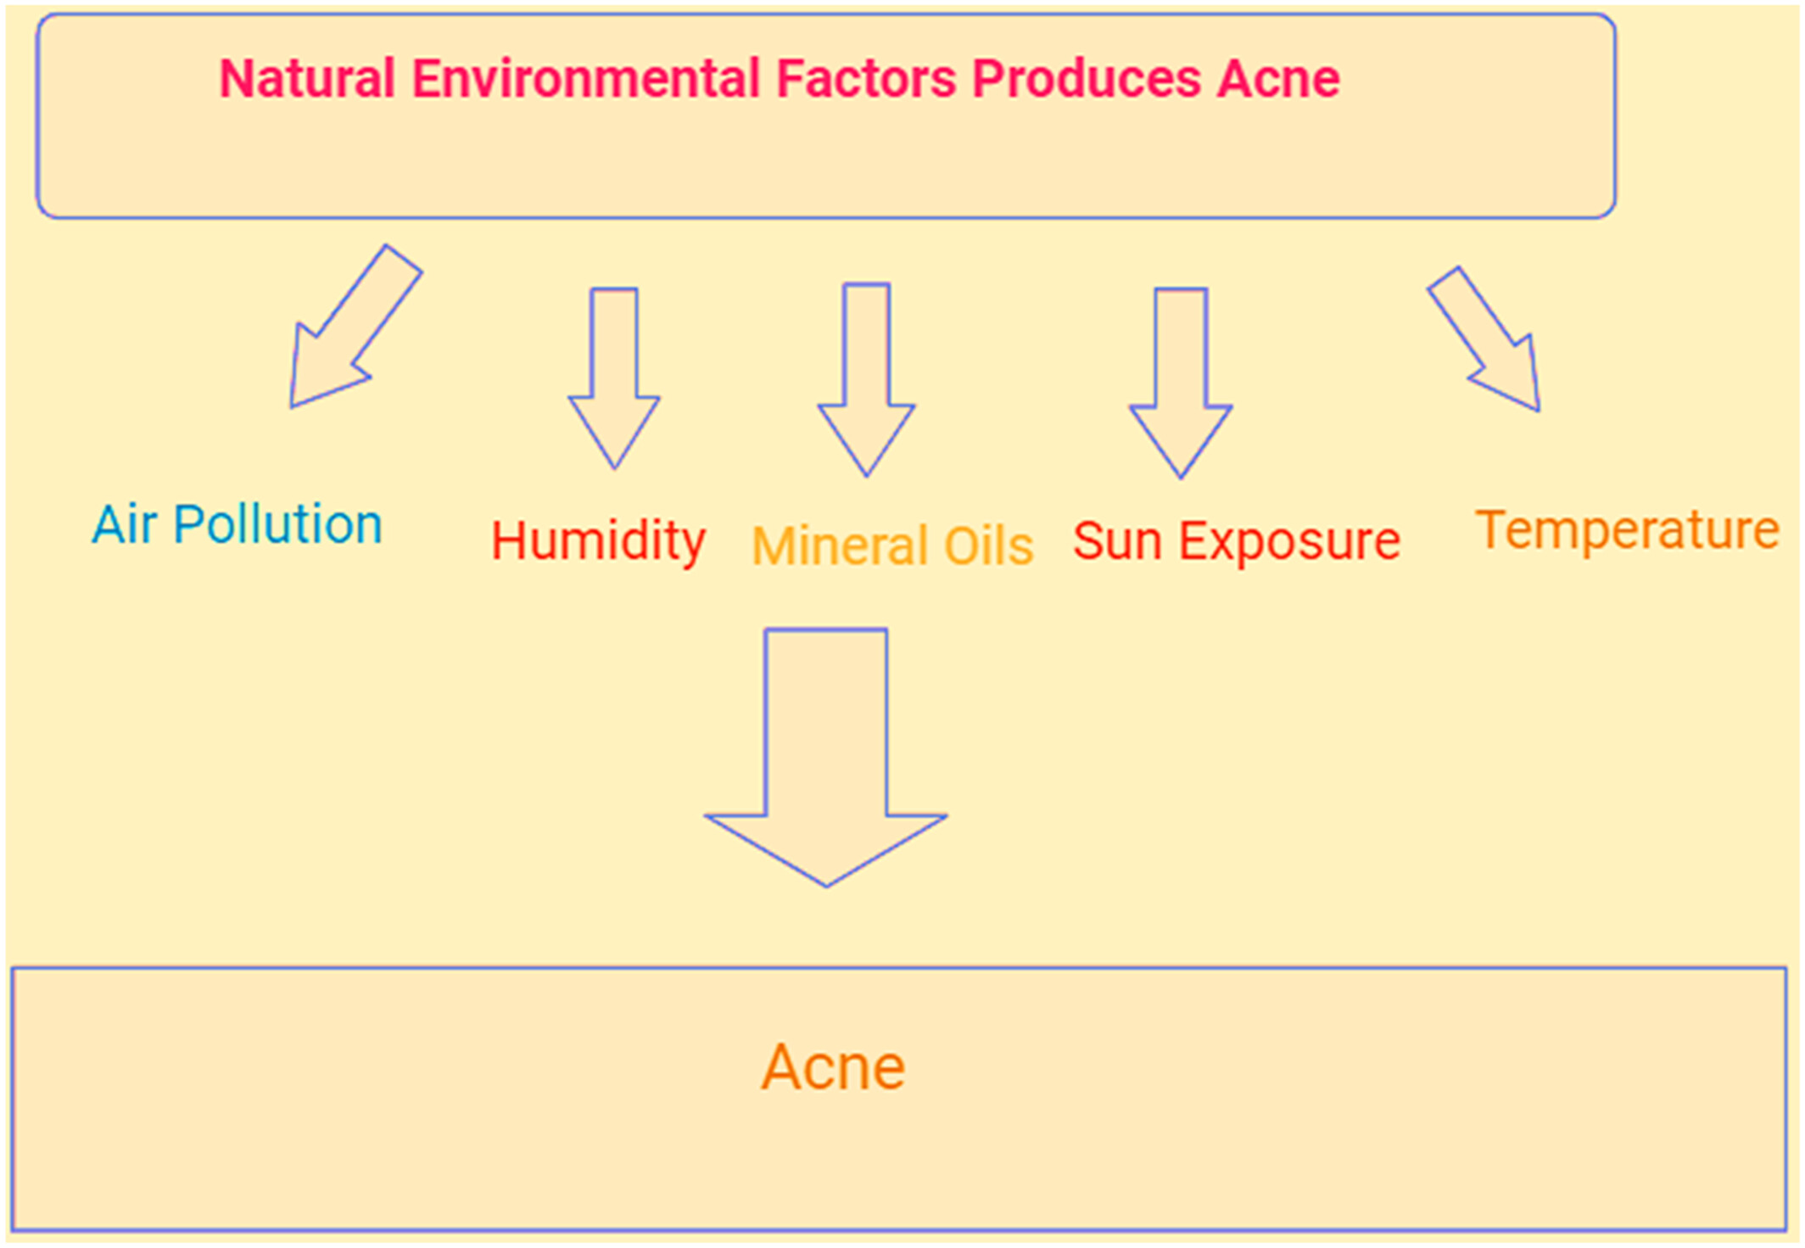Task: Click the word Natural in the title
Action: coord(307,79)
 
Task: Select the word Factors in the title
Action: coord(866,79)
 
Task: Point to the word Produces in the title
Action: coord(1087,79)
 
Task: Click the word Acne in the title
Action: coord(1278,79)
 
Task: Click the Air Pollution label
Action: coord(237,523)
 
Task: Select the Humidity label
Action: coord(599,542)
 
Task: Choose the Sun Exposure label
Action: coord(1237,541)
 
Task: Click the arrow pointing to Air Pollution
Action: coord(355,326)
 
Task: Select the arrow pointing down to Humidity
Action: coord(614,378)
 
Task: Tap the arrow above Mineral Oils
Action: coord(866,380)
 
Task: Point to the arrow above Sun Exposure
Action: coord(1181,383)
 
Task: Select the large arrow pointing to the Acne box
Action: coord(826,758)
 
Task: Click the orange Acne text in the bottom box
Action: coord(833,1066)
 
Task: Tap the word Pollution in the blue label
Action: coord(278,523)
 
